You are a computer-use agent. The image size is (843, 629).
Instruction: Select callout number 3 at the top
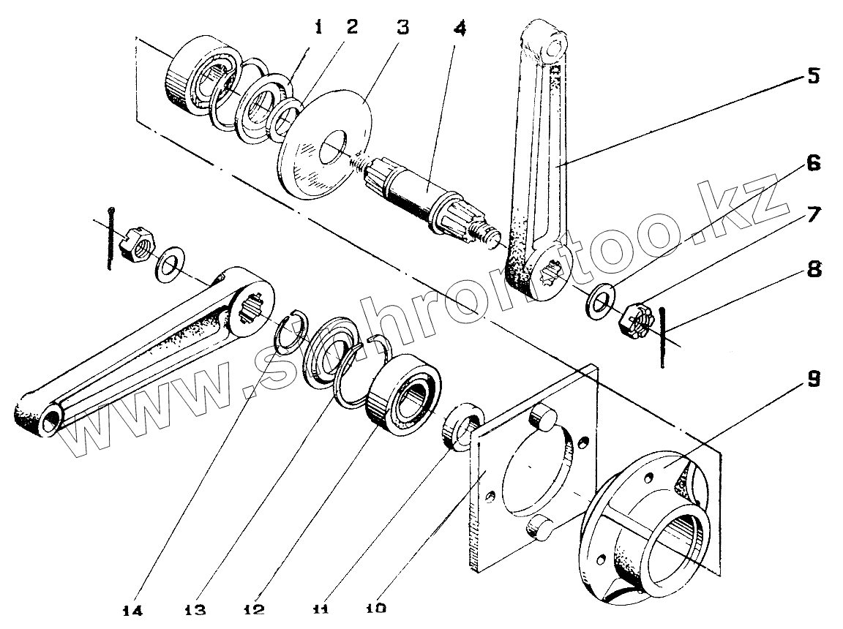coord(402,28)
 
